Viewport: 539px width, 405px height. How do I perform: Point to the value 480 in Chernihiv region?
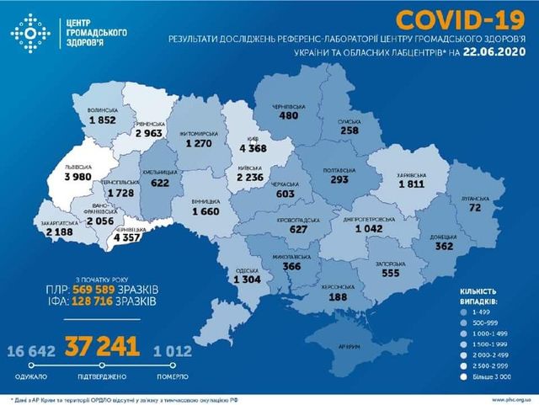point(289,116)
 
